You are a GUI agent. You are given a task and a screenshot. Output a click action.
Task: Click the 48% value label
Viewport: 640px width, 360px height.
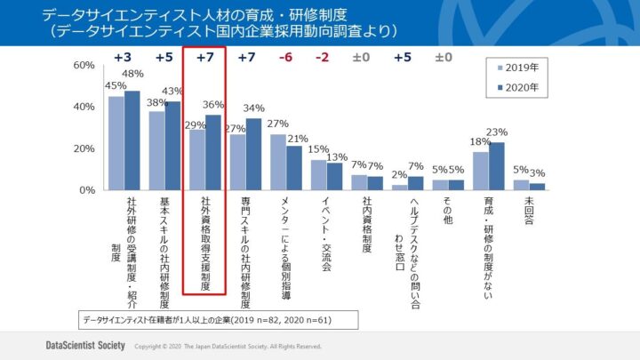click(x=133, y=74)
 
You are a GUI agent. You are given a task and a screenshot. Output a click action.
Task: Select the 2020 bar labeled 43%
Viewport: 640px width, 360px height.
click(x=172, y=146)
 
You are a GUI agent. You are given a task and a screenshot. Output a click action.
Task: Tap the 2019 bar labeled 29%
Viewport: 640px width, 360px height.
click(x=197, y=160)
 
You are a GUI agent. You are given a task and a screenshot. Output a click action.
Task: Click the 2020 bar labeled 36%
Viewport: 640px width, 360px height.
click(x=213, y=152)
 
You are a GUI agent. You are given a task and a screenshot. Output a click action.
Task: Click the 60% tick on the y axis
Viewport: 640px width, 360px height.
click(x=84, y=66)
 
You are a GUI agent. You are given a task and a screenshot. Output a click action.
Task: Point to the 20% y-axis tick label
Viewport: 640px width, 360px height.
click(x=84, y=148)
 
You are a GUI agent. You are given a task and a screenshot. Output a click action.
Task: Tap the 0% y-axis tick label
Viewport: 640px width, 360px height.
click(x=87, y=190)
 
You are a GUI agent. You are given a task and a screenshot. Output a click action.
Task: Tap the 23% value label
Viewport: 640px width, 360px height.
click(x=496, y=133)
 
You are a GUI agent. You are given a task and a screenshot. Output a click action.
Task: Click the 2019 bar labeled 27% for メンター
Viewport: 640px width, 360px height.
click(x=278, y=162)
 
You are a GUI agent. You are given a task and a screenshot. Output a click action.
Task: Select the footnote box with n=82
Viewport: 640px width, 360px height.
click(x=206, y=318)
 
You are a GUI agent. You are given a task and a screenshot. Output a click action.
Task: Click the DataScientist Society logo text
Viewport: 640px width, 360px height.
click(x=84, y=345)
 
